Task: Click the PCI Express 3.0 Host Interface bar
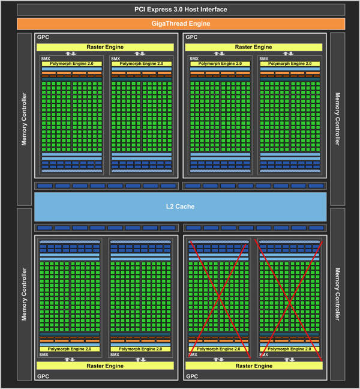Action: click(181, 10)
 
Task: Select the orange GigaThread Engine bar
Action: click(181, 24)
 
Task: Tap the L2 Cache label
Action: click(180, 207)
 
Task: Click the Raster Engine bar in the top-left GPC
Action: click(105, 47)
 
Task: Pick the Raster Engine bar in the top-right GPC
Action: click(254, 47)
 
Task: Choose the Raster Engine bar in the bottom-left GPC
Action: click(105, 366)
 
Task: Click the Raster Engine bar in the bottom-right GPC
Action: click(254, 366)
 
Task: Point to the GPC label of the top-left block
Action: click(43, 37)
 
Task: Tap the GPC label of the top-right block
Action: click(191, 37)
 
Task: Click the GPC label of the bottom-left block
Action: click(43, 376)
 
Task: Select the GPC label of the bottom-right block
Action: click(192, 376)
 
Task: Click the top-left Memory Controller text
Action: click(24, 119)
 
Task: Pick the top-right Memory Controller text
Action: click(337, 119)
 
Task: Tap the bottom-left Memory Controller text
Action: click(24, 294)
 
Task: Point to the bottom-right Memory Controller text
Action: click(337, 294)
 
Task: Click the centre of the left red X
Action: click(218, 297)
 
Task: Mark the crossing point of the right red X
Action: click(289, 302)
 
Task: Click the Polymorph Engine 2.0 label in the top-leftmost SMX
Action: click(71, 64)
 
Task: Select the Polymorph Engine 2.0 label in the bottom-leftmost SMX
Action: click(70, 349)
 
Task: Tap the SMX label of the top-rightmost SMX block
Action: click(264, 59)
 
